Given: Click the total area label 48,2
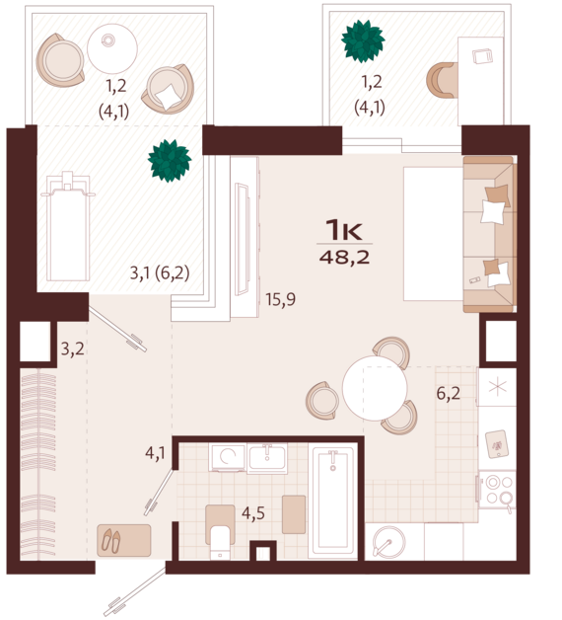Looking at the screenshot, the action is point(344,258).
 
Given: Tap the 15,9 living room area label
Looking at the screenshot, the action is point(280,299).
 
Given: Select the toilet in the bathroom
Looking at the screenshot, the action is point(220,532).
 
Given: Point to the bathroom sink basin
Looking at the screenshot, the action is point(267,458).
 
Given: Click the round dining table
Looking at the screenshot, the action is point(375,388).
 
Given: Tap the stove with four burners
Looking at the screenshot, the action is point(498,489).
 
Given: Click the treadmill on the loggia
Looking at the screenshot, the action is point(68,227).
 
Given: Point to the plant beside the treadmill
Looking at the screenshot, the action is point(170,161).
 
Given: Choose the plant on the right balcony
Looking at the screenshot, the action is point(363,41).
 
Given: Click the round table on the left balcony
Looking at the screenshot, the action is point(112,48).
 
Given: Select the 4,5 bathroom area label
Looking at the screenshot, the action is point(253,513).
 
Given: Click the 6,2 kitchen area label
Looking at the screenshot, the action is point(449,394).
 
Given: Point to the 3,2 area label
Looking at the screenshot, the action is point(73,349).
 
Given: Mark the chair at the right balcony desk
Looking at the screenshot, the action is point(442,80).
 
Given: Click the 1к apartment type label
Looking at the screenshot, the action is point(343,230).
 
